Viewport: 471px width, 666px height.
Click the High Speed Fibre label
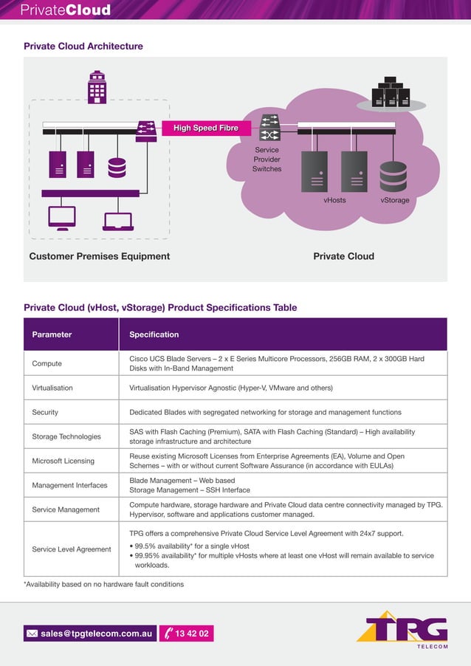[x=206, y=128]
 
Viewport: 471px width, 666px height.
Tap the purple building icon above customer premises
[x=97, y=86]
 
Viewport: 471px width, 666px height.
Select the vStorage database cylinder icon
[x=393, y=176]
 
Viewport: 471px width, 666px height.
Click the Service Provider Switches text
[x=267, y=159]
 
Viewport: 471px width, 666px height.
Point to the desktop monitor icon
[x=61, y=217]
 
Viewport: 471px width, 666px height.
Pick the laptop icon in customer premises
[x=118, y=221]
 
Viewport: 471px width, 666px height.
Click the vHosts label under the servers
[x=334, y=200]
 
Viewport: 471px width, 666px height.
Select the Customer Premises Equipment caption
[x=99, y=256]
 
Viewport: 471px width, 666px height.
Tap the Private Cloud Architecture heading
[x=83, y=47]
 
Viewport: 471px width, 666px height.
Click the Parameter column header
[x=52, y=334]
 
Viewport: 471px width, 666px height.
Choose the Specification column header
[x=154, y=334]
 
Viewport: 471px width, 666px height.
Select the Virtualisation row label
[x=52, y=388]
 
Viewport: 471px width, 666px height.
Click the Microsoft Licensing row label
[x=63, y=461]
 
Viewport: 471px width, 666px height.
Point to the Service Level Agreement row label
[x=71, y=549]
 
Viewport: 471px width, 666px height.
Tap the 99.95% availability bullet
[x=281, y=560]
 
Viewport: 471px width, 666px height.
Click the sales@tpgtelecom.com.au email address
[x=96, y=634]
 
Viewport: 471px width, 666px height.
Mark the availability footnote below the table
[x=103, y=584]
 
